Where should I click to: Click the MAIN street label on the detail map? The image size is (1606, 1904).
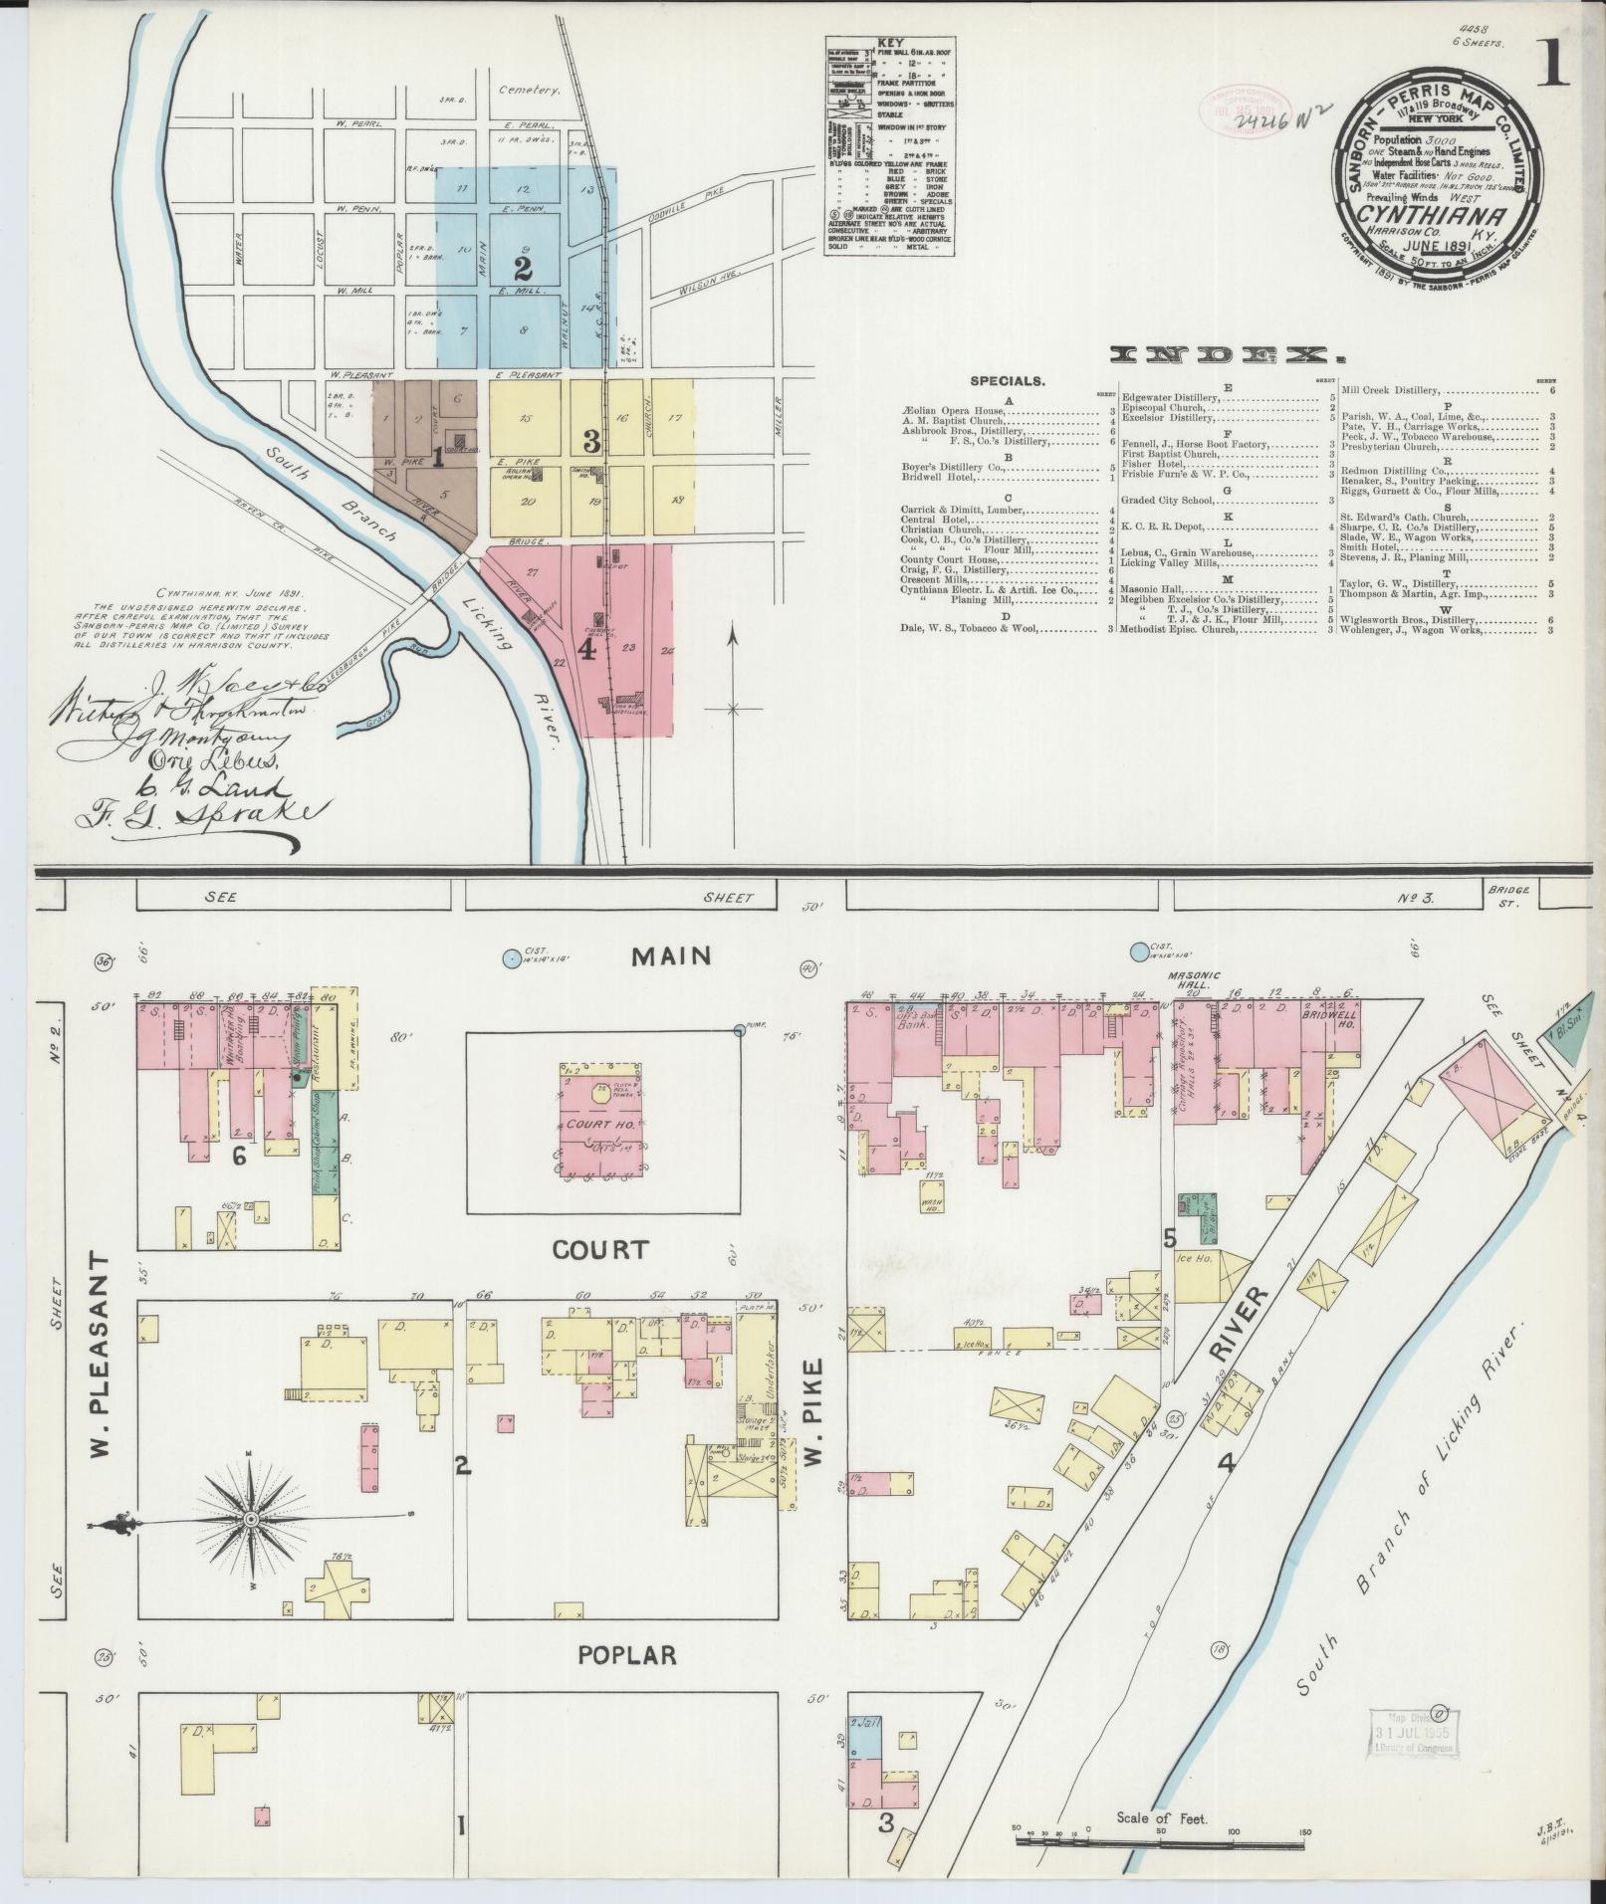673,956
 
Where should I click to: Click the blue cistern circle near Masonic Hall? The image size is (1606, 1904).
1138,952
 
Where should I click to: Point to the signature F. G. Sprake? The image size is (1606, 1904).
199,814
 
